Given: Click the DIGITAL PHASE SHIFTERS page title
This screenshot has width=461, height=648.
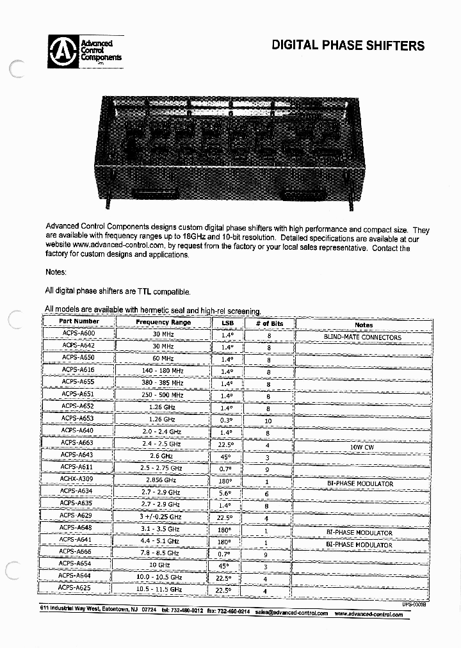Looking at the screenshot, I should point(348,45).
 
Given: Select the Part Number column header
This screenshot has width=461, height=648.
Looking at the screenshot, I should point(79,321).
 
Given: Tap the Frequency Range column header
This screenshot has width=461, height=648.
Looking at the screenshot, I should point(163,322).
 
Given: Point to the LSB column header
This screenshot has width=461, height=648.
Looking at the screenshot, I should point(228,323).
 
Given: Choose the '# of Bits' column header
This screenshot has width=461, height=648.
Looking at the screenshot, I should point(268,324).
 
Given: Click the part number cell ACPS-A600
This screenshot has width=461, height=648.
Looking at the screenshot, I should point(79,334).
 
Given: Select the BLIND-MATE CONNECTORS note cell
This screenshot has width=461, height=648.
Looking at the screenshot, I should point(362,337).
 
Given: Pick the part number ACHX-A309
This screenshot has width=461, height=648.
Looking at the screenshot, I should point(77,478).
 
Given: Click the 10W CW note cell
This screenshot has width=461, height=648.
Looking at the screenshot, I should point(362,447).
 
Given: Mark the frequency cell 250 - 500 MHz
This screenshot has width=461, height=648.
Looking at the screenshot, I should point(163,395).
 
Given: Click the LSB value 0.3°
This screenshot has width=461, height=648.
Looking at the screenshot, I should point(227,421).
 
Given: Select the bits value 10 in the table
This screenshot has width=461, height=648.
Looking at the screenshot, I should point(268,421).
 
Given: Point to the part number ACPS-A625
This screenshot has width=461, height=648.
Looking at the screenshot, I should point(75,587).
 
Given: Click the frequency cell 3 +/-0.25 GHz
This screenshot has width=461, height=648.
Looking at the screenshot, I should point(161,517).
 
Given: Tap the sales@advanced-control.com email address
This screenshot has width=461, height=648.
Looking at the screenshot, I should point(291,613).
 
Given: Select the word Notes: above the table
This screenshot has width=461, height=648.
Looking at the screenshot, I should point(56,272).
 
